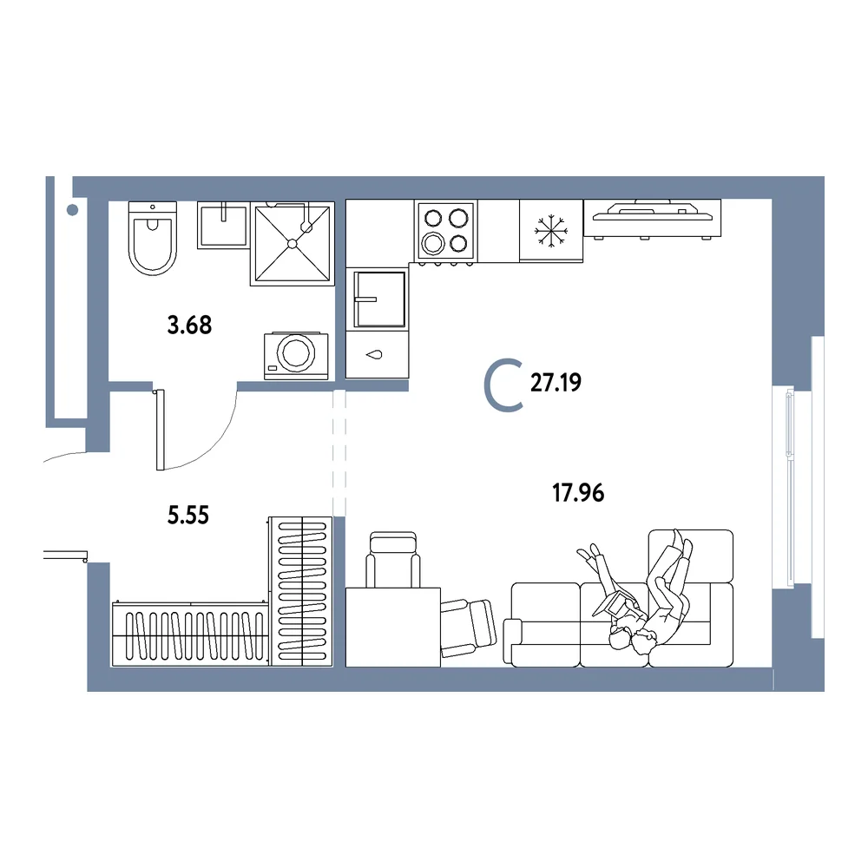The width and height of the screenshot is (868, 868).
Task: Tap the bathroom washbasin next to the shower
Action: click(223, 226)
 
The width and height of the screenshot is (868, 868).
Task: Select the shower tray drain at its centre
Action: click(293, 244)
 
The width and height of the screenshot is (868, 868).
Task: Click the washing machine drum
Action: click(296, 352)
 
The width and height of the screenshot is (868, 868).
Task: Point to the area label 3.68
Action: click(189, 325)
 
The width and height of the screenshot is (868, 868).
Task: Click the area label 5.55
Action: click(188, 516)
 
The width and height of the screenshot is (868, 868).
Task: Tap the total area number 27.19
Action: click(556, 383)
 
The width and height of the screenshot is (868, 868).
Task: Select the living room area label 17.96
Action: click(578, 493)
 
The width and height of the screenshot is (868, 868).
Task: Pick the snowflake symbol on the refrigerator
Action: click(551, 231)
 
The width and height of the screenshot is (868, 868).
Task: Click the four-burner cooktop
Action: click(445, 230)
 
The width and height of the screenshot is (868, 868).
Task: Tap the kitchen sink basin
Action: click(380, 299)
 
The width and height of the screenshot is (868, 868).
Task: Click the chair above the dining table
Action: click(393, 560)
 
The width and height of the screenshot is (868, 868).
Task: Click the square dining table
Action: click(393, 628)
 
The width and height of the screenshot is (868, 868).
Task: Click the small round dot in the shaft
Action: click(72, 210)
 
